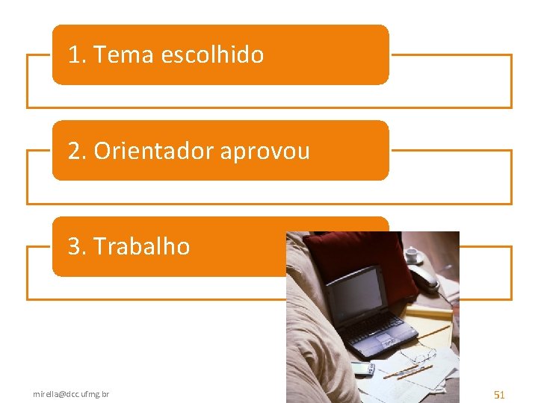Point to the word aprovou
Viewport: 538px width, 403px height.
[265, 151]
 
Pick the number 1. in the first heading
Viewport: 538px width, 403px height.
[76, 54]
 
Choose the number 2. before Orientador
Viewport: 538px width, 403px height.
[77, 151]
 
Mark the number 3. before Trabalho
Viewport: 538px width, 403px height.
[77, 246]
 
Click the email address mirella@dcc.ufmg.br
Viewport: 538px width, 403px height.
[71, 393]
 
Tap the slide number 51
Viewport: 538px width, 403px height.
[499, 394]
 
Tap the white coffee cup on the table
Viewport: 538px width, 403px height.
[412, 254]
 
